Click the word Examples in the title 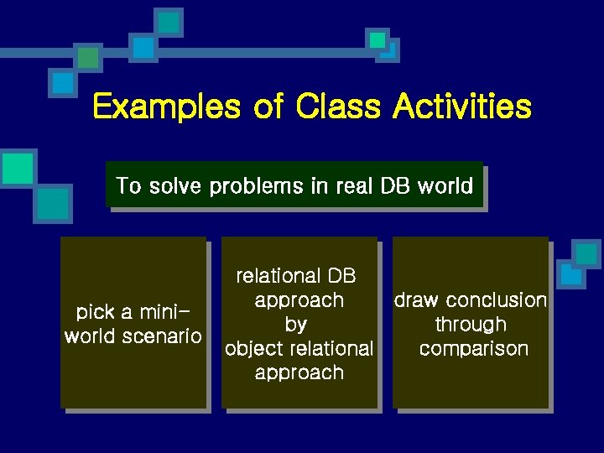click(x=164, y=108)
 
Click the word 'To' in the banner click(x=128, y=185)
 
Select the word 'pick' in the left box click(x=95, y=313)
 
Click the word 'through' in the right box click(x=471, y=325)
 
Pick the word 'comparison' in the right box click(x=474, y=349)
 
